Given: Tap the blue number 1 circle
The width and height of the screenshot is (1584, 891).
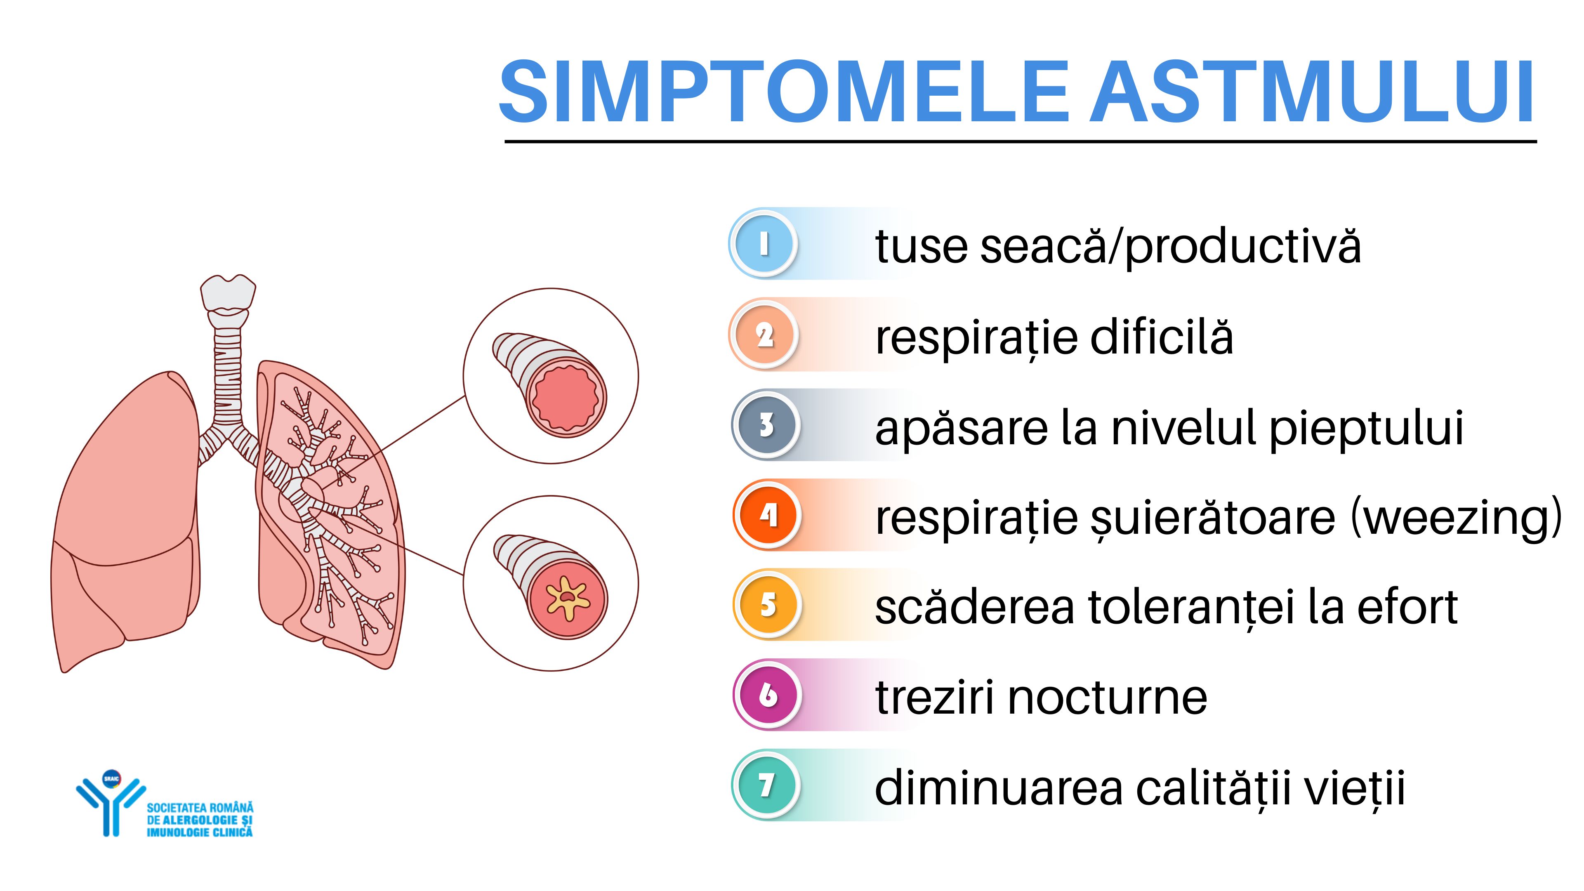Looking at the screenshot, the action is pyautogui.click(x=763, y=243).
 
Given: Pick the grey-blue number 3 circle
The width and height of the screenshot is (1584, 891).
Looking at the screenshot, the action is pyautogui.click(x=766, y=425).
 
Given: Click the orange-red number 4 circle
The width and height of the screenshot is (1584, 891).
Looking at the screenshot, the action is pyautogui.click(x=767, y=515).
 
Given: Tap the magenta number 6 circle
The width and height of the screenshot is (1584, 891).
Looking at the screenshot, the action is pyautogui.click(x=767, y=695).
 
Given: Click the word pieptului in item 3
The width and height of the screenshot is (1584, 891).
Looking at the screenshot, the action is pyautogui.click(x=1366, y=429).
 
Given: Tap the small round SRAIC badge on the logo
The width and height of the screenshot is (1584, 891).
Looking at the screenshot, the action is pyautogui.click(x=111, y=778).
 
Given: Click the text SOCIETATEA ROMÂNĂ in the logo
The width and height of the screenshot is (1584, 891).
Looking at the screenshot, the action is pyautogui.click(x=200, y=807).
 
